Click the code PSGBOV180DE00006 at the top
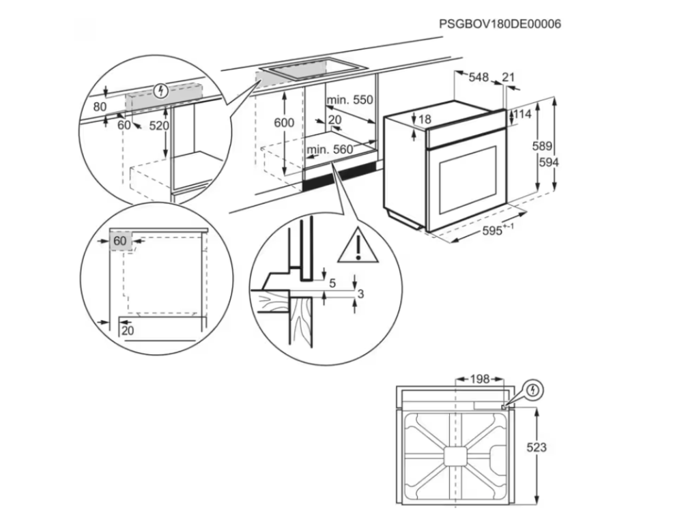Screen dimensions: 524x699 click(500, 25)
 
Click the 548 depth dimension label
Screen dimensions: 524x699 click(478, 78)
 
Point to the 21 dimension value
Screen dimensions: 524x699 click(508, 78)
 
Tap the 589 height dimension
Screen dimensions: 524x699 click(541, 146)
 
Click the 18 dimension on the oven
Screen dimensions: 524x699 click(425, 119)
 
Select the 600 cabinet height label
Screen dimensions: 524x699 click(284, 123)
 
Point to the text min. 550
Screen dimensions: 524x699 click(349, 100)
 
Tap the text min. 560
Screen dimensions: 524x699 click(330, 149)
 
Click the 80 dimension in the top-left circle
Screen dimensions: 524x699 click(100, 106)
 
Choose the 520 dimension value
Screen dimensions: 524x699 click(158, 126)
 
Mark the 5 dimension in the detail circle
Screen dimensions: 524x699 click(332, 283)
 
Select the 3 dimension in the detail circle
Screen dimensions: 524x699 click(361, 294)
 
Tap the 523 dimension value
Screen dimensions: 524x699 click(537, 448)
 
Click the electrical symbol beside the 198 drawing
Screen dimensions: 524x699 click(534, 390)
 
